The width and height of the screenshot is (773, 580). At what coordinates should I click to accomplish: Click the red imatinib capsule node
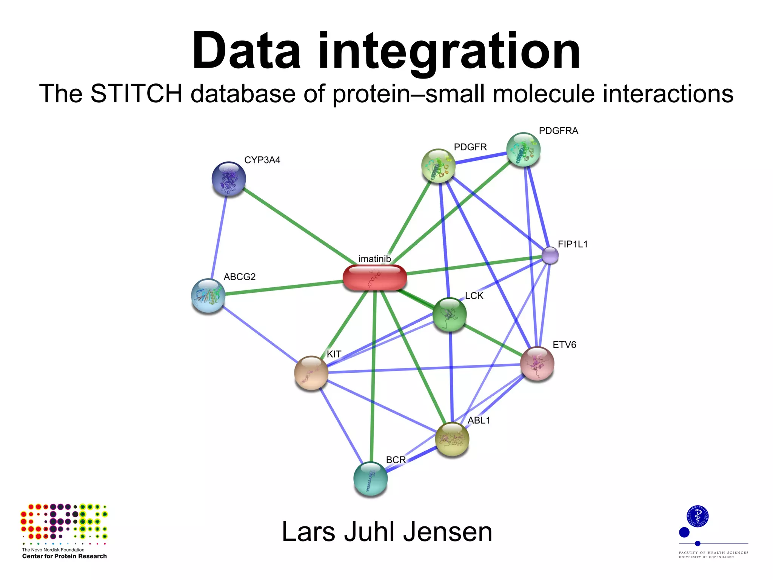point(375,278)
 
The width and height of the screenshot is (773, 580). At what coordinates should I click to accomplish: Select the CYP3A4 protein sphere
point(229,179)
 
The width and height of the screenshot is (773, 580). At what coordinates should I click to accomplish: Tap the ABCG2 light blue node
point(208,296)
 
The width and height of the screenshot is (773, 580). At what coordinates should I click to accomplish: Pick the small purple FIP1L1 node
point(550,255)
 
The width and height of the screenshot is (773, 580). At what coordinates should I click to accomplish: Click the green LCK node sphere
point(450,314)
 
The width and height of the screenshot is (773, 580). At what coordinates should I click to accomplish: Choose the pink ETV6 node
point(537,364)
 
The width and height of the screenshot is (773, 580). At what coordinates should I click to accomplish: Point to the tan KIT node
point(311,373)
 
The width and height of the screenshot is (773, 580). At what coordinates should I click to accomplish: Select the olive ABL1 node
point(452,439)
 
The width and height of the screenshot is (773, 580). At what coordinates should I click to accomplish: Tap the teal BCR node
point(370,478)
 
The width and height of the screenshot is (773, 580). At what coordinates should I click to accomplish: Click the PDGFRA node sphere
point(523,150)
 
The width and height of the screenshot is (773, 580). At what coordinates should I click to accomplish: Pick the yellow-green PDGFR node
point(438,166)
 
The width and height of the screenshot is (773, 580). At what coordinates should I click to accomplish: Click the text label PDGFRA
point(558,131)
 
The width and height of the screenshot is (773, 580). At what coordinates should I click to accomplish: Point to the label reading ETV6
point(564,345)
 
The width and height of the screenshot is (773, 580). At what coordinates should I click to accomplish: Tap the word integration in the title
point(449,51)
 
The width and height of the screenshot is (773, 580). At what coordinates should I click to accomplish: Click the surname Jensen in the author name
point(448,532)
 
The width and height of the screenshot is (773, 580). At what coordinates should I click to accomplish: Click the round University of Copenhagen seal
point(697,516)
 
